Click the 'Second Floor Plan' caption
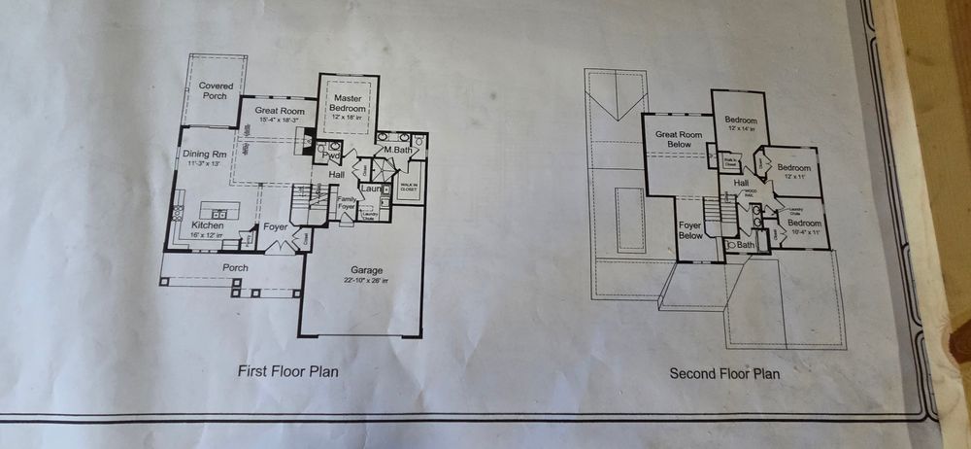tap(724, 373)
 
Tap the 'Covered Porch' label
tap(216, 91)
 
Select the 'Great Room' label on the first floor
tap(280, 111)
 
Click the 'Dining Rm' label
tap(205, 154)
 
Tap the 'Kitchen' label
tap(208, 225)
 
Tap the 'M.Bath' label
tap(398, 150)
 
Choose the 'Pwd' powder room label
tap(330, 155)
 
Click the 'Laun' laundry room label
tap(369, 187)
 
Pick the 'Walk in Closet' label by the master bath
tap(407, 186)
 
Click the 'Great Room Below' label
tap(678, 141)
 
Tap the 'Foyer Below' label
tap(690, 229)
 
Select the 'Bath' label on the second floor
tap(745, 245)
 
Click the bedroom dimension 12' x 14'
tap(740, 128)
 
